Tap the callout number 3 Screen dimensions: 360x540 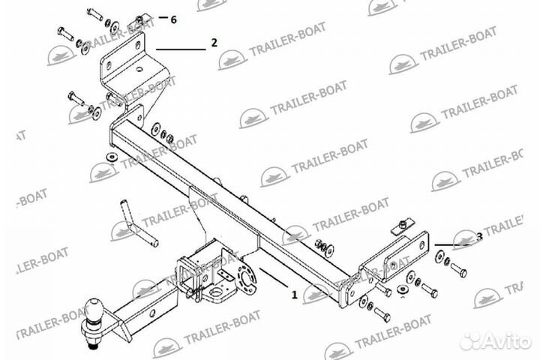click(x=479, y=238)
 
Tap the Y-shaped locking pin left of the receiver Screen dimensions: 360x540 click(x=139, y=223)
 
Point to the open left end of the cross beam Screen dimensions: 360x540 click(x=115, y=137)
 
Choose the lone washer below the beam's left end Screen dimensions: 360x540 click(x=111, y=156)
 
